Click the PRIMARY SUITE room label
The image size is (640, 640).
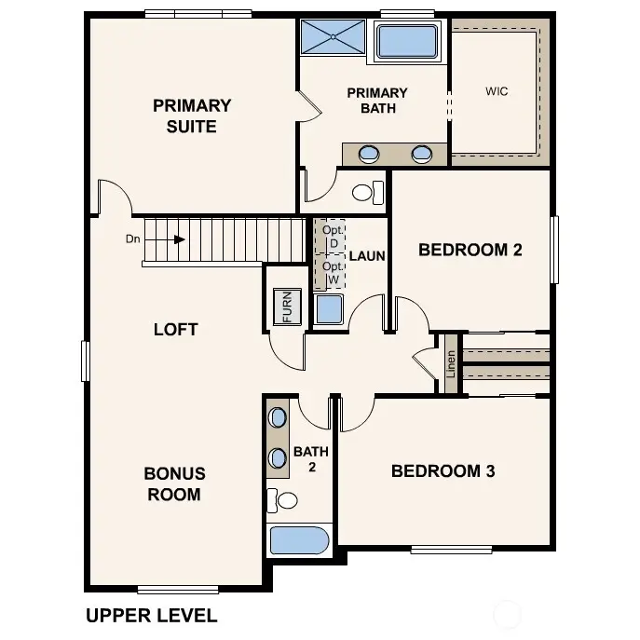coord(192,116)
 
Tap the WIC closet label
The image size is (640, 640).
coord(497,92)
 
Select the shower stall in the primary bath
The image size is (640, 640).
coord(334,39)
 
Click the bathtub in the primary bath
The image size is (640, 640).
coord(406,42)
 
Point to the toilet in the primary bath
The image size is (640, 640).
coord(367,193)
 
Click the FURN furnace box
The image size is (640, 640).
coord(287,306)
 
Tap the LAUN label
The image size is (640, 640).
coord(366,255)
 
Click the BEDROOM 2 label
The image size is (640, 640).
coord(470,250)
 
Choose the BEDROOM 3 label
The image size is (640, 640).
coord(443,470)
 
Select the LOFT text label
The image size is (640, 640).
coord(175,329)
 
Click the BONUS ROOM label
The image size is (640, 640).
coord(174,483)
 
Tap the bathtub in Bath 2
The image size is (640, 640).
coord(299,540)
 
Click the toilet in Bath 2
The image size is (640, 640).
coord(283,500)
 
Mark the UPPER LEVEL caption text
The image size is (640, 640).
coord(151,615)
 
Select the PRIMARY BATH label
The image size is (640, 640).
coord(377,100)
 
